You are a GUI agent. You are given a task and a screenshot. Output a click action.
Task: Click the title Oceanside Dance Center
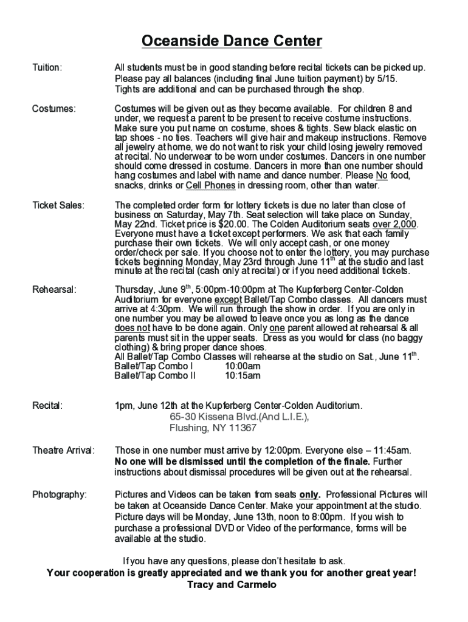tap(232, 41)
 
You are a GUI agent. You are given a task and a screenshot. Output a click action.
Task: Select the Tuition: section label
tap(47, 67)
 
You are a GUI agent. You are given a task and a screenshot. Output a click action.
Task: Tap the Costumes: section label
tap(54, 109)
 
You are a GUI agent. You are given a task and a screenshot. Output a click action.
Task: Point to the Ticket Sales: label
tap(58, 205)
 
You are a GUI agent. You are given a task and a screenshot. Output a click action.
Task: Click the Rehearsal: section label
tap(55, 289)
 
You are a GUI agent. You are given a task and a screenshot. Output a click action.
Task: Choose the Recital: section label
tap(47, 405)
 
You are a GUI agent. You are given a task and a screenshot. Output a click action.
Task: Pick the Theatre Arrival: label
tap(63, 451)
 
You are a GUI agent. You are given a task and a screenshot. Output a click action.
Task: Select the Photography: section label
tap(60, 495)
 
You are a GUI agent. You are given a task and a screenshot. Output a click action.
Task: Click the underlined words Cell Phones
tap(210, 186)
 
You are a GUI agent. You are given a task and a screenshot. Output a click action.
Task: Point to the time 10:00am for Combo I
tap(243, 366)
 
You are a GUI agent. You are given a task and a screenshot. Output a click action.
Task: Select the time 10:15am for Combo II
tap(243, 376)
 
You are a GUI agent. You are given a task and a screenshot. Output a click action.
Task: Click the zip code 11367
tap(243, 428)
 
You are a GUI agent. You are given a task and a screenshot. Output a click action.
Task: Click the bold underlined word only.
tap(309, 495)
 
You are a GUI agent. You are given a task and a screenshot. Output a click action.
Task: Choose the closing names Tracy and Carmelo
tap(232, 584)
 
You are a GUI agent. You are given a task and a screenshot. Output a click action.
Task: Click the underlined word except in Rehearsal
tap(227, 300)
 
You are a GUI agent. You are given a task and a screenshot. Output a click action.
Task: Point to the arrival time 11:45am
tap(390, 451)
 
